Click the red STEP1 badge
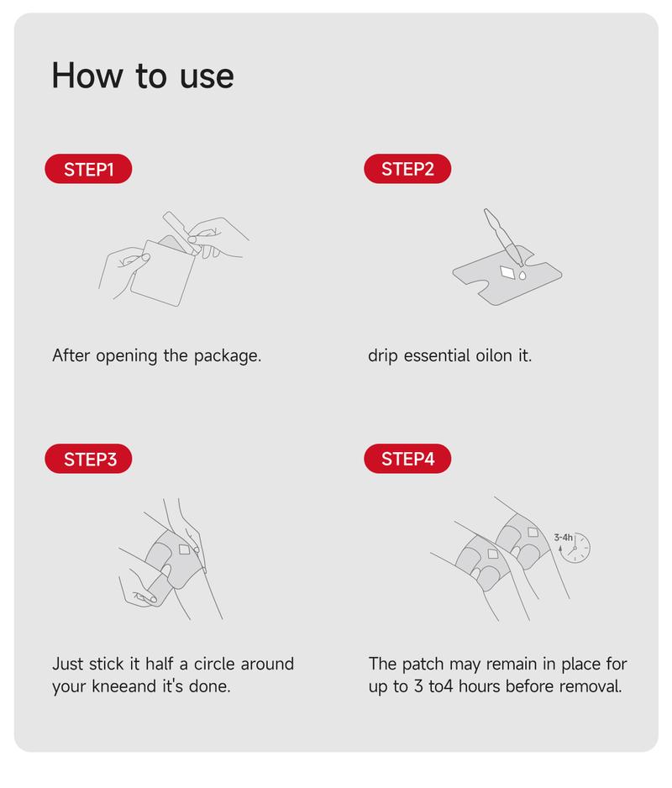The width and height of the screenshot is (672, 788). point(88,169)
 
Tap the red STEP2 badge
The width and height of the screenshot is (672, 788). point(407,169)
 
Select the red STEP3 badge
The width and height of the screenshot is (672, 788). point(88,459)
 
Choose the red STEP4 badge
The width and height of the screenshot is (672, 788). point(407,459)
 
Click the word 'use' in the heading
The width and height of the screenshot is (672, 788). point(207,77)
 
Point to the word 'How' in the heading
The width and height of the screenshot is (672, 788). point(87,76)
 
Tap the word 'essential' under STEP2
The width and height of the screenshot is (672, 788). point(437,356)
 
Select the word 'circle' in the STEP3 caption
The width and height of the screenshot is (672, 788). point(213,664)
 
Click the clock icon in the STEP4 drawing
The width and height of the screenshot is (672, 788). point(575,547)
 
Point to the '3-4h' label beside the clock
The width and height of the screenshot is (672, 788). point(563,538)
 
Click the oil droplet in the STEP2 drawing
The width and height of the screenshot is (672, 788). point(522,275)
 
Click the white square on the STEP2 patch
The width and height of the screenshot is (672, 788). point(508,272)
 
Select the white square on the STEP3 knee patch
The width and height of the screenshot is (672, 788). point(185,549)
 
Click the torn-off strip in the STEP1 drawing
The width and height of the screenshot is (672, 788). point(181,233)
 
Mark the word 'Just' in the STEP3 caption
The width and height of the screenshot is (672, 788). point(67,664)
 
